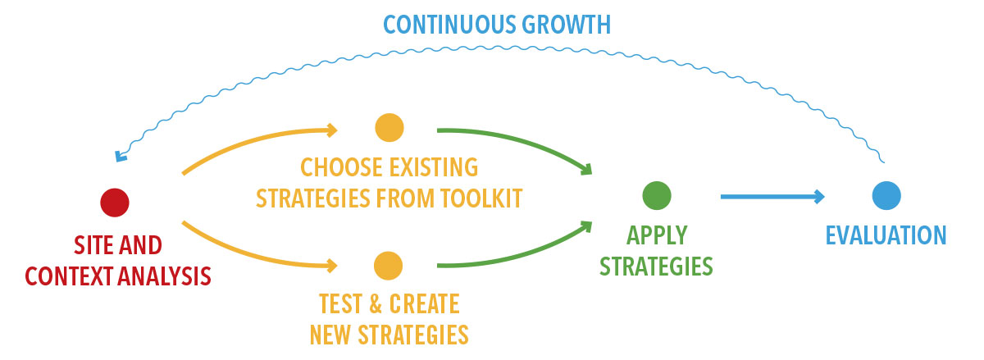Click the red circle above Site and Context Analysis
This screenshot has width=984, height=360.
pos(114,202)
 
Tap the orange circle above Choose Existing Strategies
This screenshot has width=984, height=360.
pos(389,127)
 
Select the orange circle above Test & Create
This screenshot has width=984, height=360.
pos(388,266)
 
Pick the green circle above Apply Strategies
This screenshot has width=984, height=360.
pos(656,195)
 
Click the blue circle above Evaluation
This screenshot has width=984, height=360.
pos(886,195)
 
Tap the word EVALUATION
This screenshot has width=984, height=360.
pos(886,235)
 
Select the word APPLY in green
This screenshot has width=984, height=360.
pos(656,235)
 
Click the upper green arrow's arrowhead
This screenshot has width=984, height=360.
pos(585,170)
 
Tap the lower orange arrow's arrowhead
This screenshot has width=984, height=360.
pos(331,265)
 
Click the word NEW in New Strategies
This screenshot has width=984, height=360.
pos(332,335)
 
